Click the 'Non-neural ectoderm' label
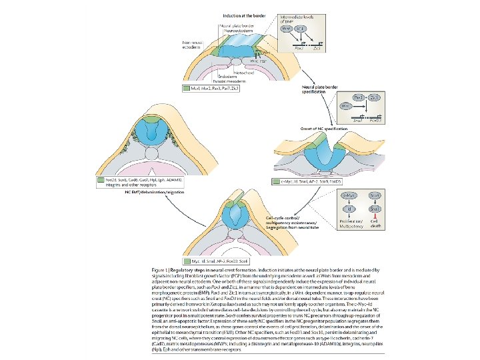[193, 44]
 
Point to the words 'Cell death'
[375, 225]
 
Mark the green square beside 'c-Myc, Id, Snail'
[276, 181]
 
